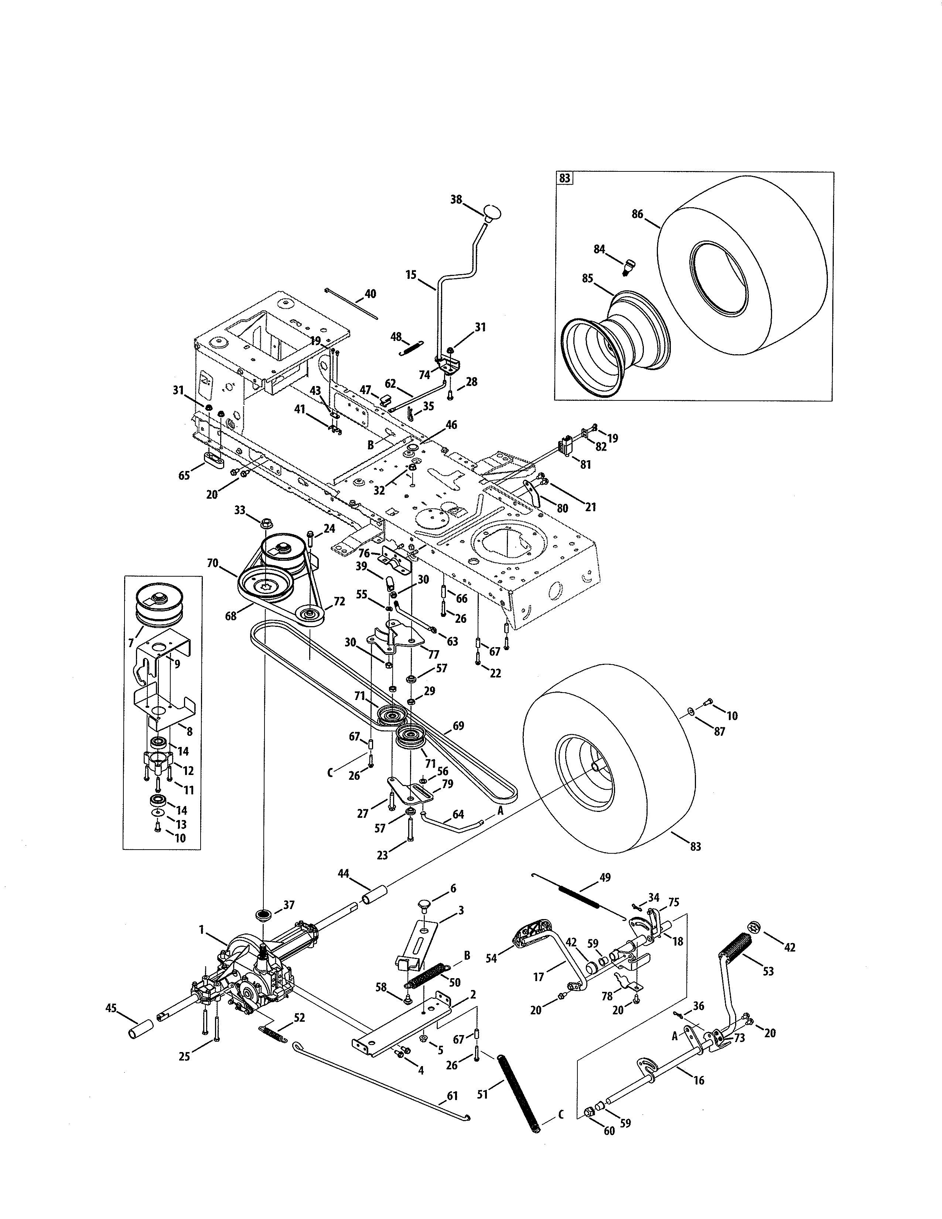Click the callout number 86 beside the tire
(x=637, y=214)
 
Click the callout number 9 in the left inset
(x=177, y=664)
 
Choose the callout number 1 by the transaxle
(x=201, y=930)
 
